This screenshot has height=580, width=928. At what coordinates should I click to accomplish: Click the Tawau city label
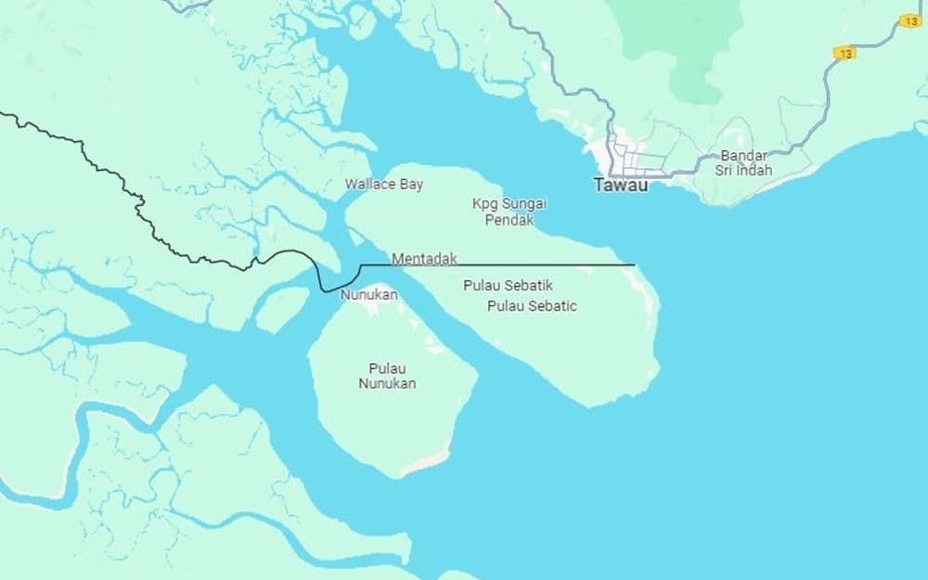point(622,185)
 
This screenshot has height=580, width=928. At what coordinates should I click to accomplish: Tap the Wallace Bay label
point(383,184)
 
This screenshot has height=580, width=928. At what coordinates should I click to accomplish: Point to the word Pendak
point(509,221)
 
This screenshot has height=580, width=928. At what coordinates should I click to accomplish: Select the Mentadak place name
point(424,259)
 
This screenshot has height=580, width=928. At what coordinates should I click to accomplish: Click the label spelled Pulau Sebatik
point(508,285)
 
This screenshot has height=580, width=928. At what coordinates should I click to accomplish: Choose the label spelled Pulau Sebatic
point(532,305)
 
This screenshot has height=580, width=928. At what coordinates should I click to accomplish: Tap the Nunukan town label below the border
point(368,295)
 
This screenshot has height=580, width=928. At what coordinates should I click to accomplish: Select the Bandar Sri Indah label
point(743,162)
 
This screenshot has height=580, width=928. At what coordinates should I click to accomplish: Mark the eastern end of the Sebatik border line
point(634,264)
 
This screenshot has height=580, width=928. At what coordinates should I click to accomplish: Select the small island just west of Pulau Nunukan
point(280,309)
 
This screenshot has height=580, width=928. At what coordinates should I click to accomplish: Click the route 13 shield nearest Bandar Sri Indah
point(844,53)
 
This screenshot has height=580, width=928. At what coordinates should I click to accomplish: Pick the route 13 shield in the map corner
point(910,20)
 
